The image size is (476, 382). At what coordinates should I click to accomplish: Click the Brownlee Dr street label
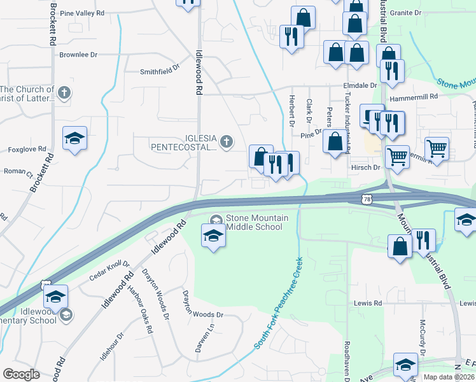pos(78,55)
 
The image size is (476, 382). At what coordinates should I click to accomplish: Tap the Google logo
pos(21,374)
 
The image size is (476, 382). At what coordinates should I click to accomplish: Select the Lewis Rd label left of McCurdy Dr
pos(368,304)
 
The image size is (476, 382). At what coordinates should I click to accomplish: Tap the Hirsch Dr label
pos(365,167)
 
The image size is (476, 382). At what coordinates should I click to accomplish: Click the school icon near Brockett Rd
pos(74,140)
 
